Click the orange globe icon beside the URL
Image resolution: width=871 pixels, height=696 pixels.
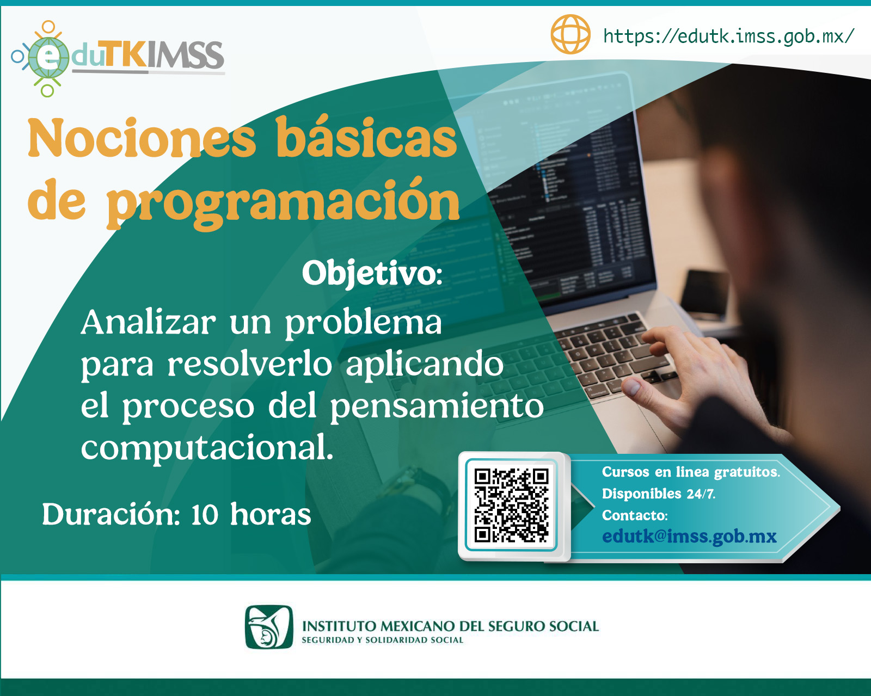tap(570, 34)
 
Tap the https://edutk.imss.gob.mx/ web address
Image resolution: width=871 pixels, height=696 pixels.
tap(728, 36)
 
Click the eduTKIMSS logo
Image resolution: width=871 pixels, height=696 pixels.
tap(117, 57)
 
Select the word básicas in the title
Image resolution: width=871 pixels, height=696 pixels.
tap(366, 139)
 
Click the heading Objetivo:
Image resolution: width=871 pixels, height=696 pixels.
tap(372, 273)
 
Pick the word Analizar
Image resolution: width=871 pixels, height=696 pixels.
tap(148, 322)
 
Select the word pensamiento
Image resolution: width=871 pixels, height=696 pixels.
tap(437, 406)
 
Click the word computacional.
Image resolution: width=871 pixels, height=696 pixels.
tap(207, 448)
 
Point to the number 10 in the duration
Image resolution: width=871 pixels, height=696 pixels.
tap(205, 515)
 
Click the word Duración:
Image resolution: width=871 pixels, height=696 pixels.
tap(111, 515)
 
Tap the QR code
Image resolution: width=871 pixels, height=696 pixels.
tap(511, 506)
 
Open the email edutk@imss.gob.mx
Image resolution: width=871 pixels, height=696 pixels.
tap(689, 537)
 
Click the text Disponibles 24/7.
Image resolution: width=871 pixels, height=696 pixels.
tap(658, 494)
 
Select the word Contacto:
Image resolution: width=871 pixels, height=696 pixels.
tap(634, 515)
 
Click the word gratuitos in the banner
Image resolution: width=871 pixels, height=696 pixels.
tap(746, 472)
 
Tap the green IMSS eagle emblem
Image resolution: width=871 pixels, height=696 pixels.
tap(269, 627)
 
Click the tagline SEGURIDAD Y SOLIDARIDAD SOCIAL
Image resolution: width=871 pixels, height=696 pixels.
tap(382, 640)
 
